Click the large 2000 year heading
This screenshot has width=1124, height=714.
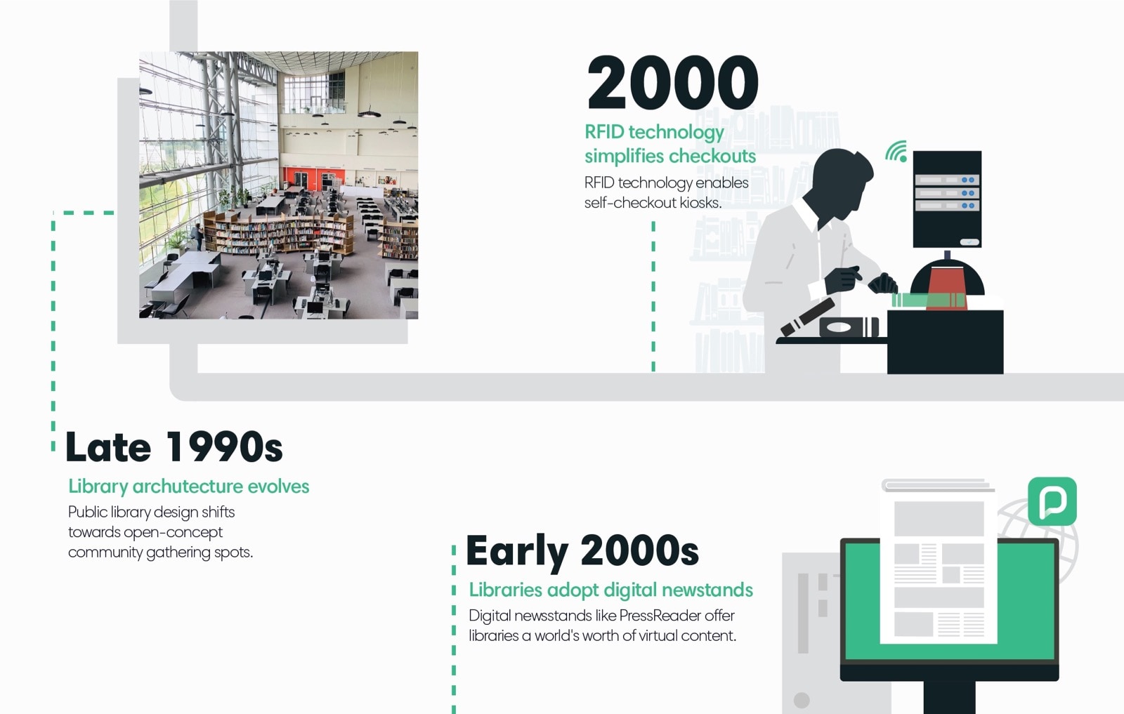point(672,83)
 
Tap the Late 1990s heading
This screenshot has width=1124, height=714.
point(174,447)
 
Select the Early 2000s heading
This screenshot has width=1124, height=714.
point(582,550)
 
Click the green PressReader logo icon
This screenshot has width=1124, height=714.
point(1052,501)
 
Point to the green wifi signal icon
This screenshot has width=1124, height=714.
point(896,152)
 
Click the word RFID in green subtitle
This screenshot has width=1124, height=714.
point(604,132)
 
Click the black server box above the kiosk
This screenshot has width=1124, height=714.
point(946,199)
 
